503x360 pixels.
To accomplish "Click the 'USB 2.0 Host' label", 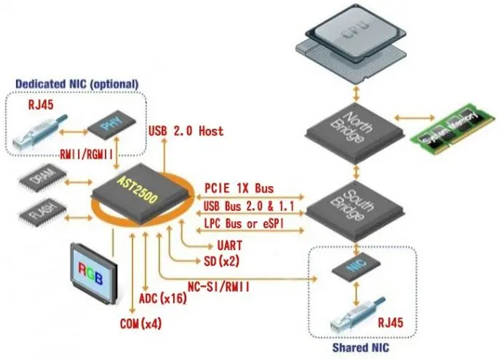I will pos(186,132).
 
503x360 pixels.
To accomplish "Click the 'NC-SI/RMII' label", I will pos(220,287).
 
